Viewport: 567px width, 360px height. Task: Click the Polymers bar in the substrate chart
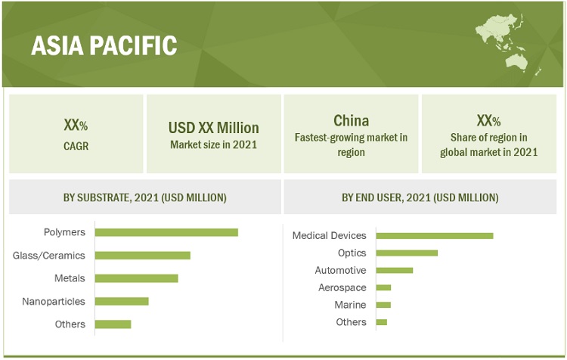point(166,232)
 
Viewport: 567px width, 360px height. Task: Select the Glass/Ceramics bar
point(142,256)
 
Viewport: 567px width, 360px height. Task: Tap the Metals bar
point(136,278)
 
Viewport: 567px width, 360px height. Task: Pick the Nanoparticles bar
point(122,302)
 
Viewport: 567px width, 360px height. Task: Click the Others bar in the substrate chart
point(113,324)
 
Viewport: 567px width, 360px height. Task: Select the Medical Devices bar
point(435,236)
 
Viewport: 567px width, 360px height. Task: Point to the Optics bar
point(407,253)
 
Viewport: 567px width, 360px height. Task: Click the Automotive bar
point(394,270)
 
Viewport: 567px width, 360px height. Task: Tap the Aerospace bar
point(383,287)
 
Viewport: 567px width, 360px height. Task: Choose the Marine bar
point(383,305)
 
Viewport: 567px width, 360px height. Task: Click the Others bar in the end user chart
point(382,322)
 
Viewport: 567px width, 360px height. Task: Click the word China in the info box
point(351,121)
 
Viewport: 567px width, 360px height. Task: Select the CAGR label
point(76,146)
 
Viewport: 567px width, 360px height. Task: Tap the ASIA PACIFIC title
point(104,45)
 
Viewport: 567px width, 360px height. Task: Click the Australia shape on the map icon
point(516,63)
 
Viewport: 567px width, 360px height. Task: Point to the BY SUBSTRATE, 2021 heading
point(144,197)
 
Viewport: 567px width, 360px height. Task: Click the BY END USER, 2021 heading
point(420,197)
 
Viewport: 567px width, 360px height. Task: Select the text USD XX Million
point(214,128)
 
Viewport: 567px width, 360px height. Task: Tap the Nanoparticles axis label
point(54,302)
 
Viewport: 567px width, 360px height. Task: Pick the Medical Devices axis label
point(330,235)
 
